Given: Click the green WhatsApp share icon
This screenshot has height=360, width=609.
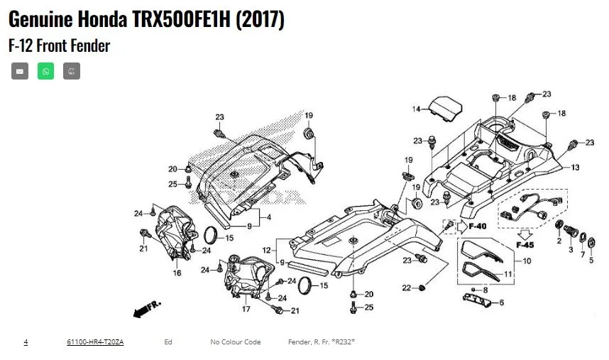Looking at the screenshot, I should (x=45, y=71).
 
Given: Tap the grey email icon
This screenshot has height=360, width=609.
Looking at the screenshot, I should (x=20, y=71).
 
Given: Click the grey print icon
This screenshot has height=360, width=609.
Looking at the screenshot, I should (x=71, y=71).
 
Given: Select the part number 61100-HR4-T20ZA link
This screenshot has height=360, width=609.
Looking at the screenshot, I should (x=95, y=342).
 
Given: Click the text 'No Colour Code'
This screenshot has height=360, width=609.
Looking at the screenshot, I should (x=235, y=342).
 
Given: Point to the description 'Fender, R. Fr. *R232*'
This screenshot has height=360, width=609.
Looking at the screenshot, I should (x=322, y=342).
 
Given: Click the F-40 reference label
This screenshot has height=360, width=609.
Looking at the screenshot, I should (x=478, y=227).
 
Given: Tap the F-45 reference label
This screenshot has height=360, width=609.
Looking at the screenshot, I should (x=525, y=245).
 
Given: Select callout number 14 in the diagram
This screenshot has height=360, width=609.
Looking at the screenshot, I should (x=417, y=109).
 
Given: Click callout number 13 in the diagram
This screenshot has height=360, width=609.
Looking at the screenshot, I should (x=575, y=168).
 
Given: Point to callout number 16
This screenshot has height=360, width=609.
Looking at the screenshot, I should (x=177, y=273).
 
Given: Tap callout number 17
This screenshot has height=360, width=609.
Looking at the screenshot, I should (x=246, y=310).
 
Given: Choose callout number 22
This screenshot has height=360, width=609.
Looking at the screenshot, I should (x=405, y=288).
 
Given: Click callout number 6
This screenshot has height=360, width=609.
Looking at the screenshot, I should (x=502, y=302).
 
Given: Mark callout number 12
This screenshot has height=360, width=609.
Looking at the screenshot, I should (x=266, y=251).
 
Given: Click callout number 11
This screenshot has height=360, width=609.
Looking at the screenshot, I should (x=507, y=274).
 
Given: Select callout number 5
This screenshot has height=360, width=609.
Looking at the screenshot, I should (x=592, y=261).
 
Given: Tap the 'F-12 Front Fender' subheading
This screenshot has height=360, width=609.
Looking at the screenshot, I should (x=60, y=45).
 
